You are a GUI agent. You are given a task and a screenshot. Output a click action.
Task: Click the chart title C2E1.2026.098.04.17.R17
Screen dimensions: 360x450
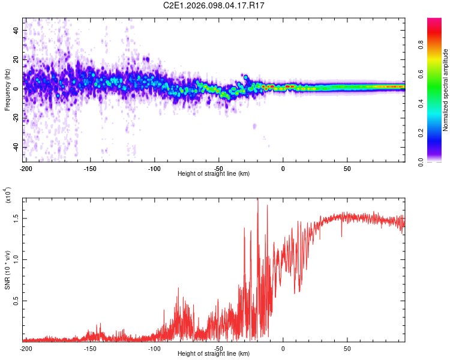point(214,5)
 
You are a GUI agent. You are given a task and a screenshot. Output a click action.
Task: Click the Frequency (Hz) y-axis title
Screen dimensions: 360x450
point(7,90)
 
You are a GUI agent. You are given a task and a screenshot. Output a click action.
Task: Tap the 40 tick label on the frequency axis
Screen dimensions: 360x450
point(16,29)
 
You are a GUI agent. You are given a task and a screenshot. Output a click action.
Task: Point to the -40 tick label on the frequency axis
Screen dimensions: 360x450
point(15,147)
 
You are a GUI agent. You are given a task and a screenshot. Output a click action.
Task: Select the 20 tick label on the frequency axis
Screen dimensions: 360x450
point(16,59)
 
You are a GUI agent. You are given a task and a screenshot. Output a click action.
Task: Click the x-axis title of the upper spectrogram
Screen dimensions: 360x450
point(214,173)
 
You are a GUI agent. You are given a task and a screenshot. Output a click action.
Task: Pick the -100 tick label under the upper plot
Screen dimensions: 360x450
point(154,167)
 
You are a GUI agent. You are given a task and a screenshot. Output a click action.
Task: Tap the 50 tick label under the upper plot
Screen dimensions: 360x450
point(347,167)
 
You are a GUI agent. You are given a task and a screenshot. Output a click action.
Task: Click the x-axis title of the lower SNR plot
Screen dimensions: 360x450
point(214,353)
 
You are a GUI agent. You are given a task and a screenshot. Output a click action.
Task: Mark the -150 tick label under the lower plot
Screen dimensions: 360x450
point(90,348)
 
